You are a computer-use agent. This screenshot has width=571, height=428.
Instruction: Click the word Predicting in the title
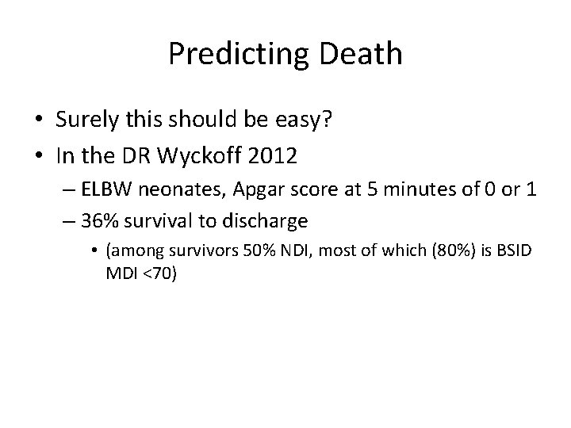tap(230, 55)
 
